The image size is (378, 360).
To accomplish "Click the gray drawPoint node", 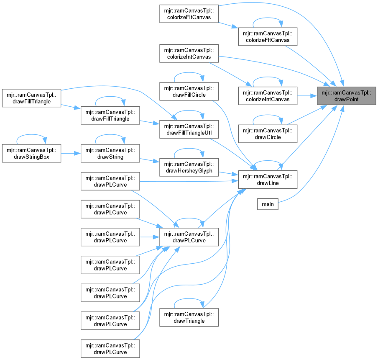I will click(346, 95).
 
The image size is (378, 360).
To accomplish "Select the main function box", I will click(268, 204).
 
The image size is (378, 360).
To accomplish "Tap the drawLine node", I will click(268, 179).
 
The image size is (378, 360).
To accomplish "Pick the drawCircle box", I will click(268, 133).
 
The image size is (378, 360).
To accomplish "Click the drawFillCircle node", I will click(189, 91).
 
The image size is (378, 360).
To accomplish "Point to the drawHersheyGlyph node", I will click(189, 167).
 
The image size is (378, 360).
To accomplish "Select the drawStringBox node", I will click(32, 153).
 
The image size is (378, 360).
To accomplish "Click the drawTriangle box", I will click(189, 317).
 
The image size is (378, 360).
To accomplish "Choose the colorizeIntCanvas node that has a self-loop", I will click(268, 95).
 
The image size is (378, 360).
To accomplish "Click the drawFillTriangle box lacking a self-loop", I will click(32, 97).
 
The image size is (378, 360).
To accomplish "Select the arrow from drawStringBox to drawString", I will click(71, 153).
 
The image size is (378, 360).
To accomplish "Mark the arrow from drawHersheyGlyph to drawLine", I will click(228, 173).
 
